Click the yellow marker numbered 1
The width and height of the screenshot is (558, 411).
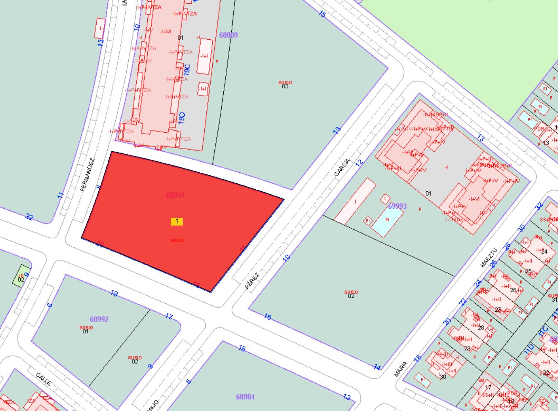point(176,221)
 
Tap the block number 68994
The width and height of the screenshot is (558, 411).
point(175,195)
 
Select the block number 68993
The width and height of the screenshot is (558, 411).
point(397,206)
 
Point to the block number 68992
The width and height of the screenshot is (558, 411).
point(99,319)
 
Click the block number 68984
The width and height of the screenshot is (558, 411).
point(245,397)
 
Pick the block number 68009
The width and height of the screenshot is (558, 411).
point(228,35)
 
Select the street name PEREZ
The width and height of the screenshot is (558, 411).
point(252,280)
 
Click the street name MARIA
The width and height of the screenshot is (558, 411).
point(401,369)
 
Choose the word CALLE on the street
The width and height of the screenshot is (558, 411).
point(43,379)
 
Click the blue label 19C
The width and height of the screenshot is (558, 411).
point(187,69)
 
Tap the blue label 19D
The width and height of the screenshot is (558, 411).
point(182,117)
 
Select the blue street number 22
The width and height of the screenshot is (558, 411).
point(29,217)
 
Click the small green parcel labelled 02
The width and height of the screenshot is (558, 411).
point(21,277)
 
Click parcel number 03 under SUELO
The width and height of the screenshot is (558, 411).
point(285,87)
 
